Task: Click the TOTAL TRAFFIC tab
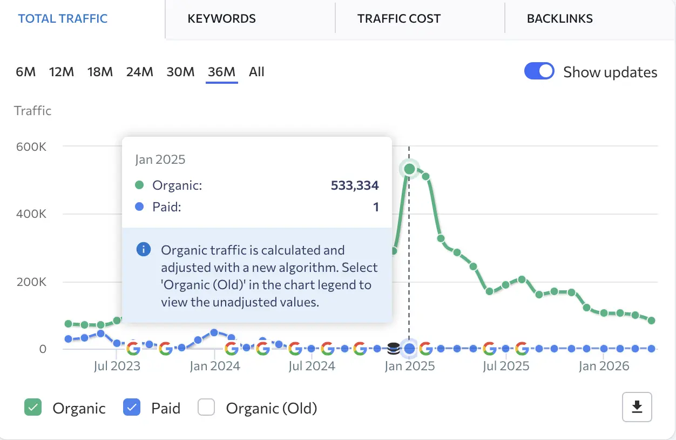(x=63, y=18)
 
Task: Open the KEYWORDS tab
(x=221, y=18)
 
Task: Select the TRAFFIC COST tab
(x=399, y=18)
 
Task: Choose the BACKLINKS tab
(x=560, y=18)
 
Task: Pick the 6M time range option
(x=26, y=72)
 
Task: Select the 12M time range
(x=62, y=72)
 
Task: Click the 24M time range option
(x=140, y=72)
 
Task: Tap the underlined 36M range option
(x=221, y=72)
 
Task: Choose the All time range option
(x=256, y=72)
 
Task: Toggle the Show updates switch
(x=539, y=71)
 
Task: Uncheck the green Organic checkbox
(x=33, y=408)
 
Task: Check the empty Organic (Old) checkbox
(x=206, y=408)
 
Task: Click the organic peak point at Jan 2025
(x=409, y=169)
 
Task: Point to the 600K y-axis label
(x=31, y=146)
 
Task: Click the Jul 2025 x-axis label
(x=506, y=366)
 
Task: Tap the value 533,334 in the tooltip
(x=355, y=185)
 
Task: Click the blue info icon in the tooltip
(x=143, y=250)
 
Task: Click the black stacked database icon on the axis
(x=394, y=349)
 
